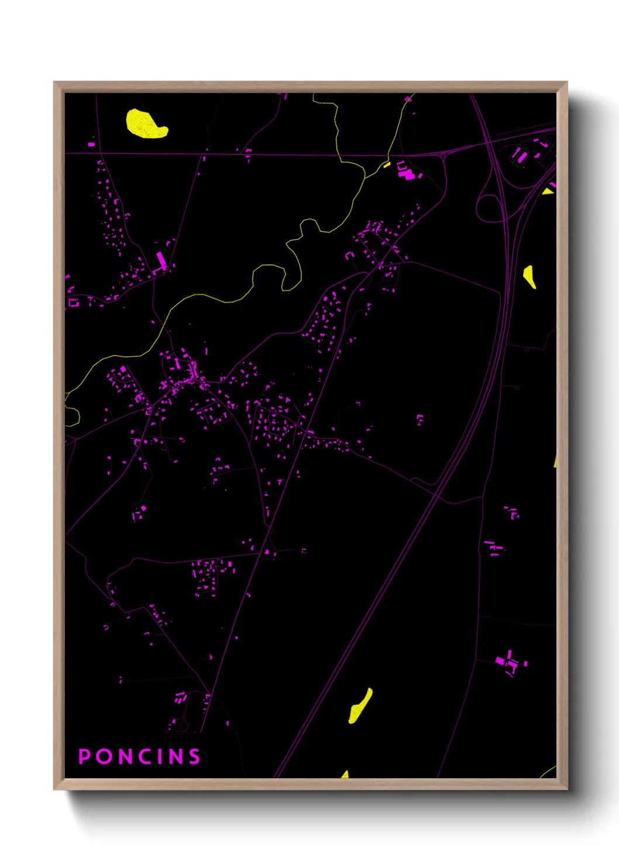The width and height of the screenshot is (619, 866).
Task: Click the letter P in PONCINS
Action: (x=84, y=757)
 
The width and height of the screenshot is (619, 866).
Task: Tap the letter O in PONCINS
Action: (x=104, y=757)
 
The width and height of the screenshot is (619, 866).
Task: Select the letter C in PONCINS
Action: (x=149, y=757)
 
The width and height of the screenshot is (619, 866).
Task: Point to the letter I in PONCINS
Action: (x=163, y=757)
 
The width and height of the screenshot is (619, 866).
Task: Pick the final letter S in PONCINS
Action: (x=194, y=757)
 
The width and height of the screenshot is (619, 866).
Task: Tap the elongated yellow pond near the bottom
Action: (x=360, y=706)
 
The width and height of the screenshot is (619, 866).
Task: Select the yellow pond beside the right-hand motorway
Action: (x=529, y=276)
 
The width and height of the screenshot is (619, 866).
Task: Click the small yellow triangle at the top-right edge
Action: (x=548, y=191)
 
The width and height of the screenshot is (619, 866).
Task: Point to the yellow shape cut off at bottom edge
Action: (x=345, y=775)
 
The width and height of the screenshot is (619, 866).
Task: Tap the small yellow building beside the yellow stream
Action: (x=387, y=165)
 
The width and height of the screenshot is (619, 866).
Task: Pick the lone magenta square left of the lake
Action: (x=91, y=143)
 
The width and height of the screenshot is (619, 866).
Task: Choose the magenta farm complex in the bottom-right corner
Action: (x=508, y=663)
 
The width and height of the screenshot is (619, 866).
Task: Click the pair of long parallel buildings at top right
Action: (x=519, y=155)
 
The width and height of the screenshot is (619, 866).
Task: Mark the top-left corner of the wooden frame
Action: (x=55, y=83)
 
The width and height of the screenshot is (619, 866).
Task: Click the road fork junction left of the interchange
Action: (x=443, y=154)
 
